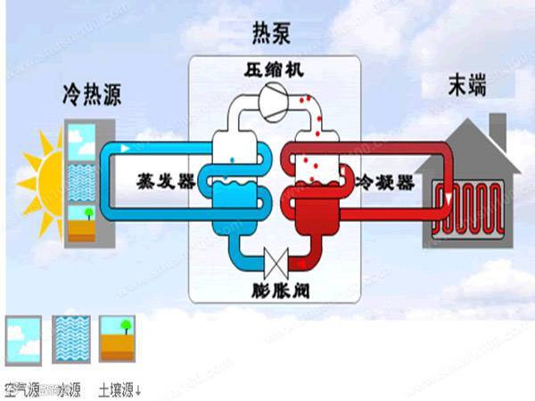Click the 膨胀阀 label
point(275,290)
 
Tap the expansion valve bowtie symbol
point(276,263)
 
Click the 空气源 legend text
point(22,389)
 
